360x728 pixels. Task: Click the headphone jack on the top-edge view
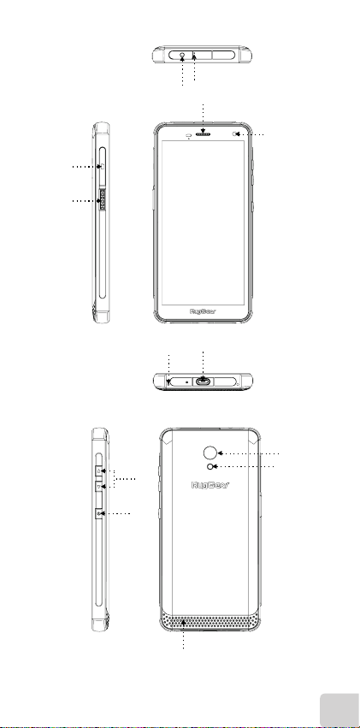click(182, 55)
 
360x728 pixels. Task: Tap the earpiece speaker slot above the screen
click(204, 134)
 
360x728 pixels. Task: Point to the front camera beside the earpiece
click(233, 134)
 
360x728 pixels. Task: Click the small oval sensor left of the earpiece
click(189, 135)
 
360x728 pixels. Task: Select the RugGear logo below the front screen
click(204, 311)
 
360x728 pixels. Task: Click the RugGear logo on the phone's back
click(210, 485)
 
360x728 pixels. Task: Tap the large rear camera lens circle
click(210, 453)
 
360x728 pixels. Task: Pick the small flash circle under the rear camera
click(211, 466)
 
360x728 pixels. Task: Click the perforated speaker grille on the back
click(210, 621)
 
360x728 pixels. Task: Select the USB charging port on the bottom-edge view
click(204, 382)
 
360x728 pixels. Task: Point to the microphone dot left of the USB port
click(187, 381)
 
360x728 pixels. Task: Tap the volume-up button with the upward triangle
click(99, 471)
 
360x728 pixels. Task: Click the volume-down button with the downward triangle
click(99, 487)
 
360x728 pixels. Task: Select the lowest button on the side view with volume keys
click(99, 513)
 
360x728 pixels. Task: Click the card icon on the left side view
click(103, 166)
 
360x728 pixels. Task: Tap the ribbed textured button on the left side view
click(103, 200)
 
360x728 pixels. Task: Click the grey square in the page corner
click(339, 709)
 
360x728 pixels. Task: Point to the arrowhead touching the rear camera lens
click(221, 453)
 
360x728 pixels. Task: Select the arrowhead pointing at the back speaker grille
click(184, 622)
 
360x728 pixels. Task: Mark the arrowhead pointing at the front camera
click(238, 134)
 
